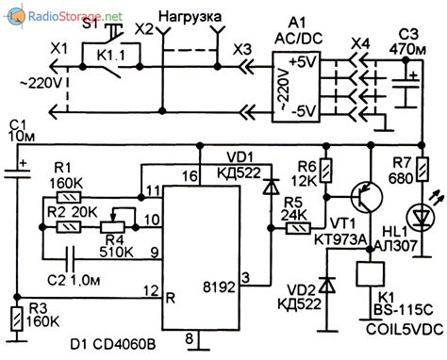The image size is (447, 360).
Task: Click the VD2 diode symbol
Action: coord(326,284)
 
